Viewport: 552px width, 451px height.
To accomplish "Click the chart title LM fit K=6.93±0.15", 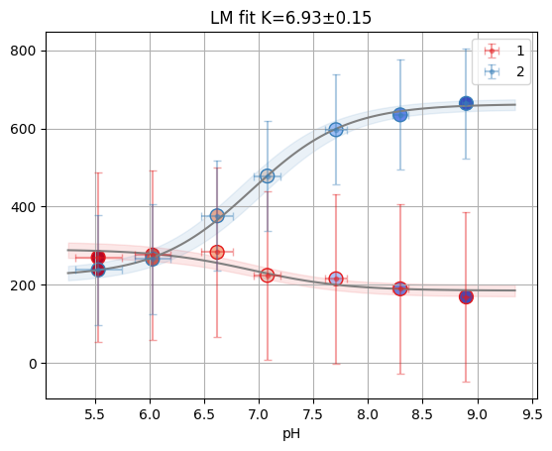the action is pyautogui.click(x=290, y=18).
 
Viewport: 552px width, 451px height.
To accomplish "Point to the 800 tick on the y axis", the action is pyautogui.click(x=24, y=52).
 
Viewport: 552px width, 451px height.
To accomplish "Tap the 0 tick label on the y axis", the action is pyautogui.click(x=33, y=364).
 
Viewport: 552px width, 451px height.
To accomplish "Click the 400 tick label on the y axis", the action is pyautogui.click(x=24, y=207).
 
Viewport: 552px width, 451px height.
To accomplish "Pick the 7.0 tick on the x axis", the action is pyautogui.click(x=259, y=414).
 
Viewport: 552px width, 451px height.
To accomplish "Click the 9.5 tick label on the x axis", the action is pyautogui.click(x=532, y=414).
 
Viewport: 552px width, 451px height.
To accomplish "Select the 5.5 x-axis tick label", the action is pyautogui.click(x=95, y=414).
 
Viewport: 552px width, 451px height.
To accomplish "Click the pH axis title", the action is pyautogui.click(x=291, y=434).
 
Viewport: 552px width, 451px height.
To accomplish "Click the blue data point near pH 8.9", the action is pyautogui.click(x=466, y=103).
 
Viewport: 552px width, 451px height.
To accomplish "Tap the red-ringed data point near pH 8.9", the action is pyautogui.click(x=466, y=297).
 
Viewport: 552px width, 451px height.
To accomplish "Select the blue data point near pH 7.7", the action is pyautogui.click(x=336, y=130).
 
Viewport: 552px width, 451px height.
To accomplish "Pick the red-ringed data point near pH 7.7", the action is pyautogui.click(x=336, y=280).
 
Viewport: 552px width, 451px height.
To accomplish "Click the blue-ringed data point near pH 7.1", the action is pyautogui.click(x=268, y=176).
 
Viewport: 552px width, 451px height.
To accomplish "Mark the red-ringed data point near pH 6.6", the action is pyautogui.click(x=217, y=252).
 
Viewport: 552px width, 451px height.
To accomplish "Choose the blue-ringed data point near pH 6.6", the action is pyautogui.click(x=217, y=216).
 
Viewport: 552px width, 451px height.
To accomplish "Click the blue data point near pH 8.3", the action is pyautogui.click(x=400, y=114).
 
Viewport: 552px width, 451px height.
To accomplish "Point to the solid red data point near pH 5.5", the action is pyautogui.click(x=98, y=258).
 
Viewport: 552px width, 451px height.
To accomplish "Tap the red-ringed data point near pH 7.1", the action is pyautogui.click(x=268, y=276).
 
